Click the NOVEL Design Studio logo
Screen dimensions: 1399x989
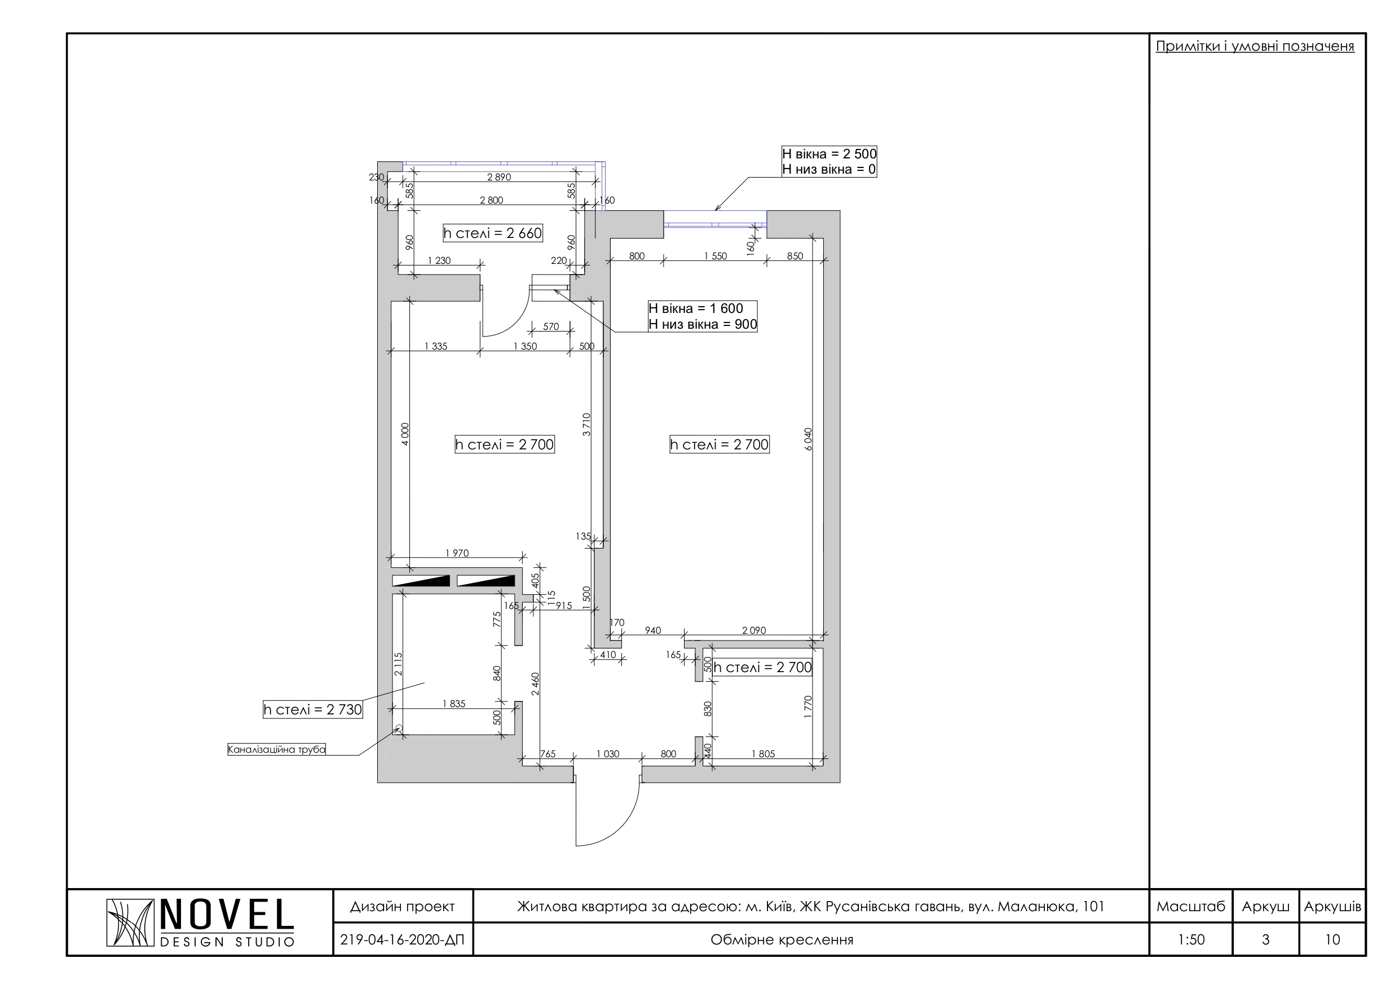(201, 922)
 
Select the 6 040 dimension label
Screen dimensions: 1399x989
(809, 439)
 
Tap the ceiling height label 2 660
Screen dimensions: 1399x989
(492, 233)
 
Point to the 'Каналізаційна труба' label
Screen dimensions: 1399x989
(277, 749)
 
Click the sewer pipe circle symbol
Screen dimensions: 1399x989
(399, 728)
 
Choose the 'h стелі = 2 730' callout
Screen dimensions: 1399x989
(312, 709)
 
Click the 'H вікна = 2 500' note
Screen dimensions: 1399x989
(829, 153)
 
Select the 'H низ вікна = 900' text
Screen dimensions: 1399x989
(703, 324)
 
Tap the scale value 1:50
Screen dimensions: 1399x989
(1190, 939)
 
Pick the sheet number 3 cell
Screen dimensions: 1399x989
(1265, 939)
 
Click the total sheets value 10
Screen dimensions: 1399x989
(1332, 939)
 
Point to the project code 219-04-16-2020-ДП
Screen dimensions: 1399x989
(402, 939)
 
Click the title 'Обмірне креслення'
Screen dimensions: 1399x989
(782, 939)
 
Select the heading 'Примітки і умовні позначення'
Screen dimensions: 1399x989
(1255, 46)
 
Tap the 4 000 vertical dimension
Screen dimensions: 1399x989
(406, 435)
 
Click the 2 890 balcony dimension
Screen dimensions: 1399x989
(499, 177)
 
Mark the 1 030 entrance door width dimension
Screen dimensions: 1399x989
(607, 754)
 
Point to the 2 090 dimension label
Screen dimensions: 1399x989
(754, 630)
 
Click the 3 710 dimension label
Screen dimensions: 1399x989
(587, 425)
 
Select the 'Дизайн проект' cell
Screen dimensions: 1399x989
(403, 906)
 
